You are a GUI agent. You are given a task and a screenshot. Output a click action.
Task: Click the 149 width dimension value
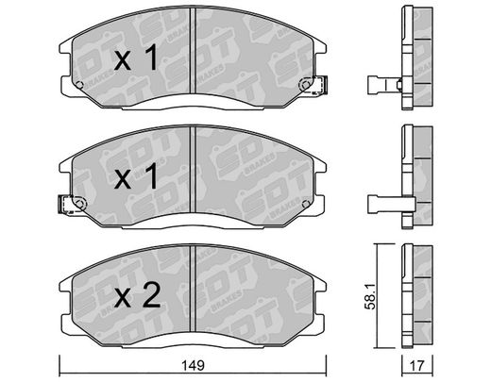coord(193,365)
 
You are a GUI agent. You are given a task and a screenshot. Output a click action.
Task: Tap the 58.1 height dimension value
coord(370,295)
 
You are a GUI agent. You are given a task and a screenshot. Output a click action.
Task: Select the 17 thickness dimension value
coord(417,365)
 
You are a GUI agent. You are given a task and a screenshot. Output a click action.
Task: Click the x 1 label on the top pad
coord(136,58)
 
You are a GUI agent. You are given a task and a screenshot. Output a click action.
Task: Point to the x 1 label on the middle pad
coord(136,176)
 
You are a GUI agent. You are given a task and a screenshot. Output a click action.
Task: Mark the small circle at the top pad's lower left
coord(79,85)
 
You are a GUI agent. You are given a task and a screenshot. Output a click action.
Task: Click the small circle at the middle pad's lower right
coord(305,204)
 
